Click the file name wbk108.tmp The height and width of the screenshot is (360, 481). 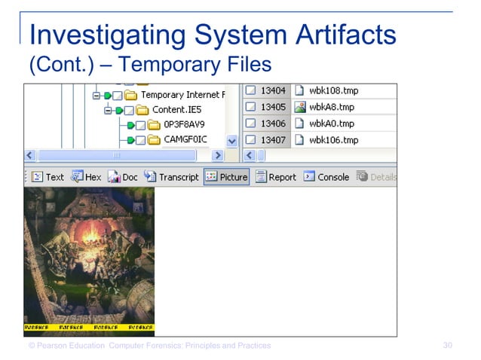[333, 90]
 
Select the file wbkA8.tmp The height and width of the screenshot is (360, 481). [332, 107]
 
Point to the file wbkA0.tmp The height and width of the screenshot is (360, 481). [332, 124]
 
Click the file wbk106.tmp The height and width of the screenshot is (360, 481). [333, 140]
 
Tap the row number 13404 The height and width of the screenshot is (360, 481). [273, 90]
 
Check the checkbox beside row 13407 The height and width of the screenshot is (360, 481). [250, 140]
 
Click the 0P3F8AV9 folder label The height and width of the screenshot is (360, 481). [184, 124]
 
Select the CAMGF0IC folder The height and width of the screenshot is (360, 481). [185, 139]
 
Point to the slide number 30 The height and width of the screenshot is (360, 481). [448, 346]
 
